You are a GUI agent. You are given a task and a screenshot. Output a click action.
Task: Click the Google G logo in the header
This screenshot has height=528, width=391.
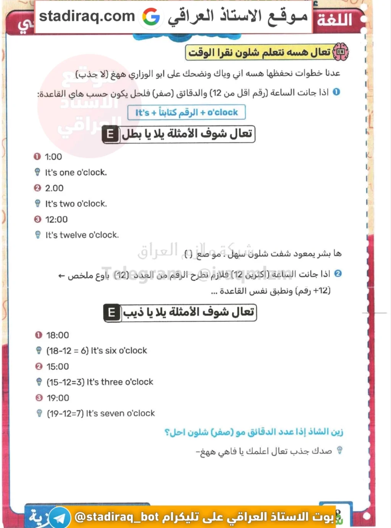point(151,17)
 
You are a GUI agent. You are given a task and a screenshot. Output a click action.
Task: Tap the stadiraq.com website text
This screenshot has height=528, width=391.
point(87,16)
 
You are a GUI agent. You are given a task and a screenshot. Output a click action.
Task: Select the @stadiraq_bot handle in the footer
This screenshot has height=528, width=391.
point(117,517)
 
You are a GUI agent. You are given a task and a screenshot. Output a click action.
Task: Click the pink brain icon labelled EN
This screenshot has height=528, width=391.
point(341,52)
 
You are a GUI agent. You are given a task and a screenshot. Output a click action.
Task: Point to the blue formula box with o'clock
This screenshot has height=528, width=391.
point(186,112)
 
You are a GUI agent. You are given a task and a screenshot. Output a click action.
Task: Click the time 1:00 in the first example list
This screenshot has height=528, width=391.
point(53,157)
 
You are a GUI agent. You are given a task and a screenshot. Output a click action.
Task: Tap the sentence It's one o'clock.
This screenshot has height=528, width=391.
point(76,172)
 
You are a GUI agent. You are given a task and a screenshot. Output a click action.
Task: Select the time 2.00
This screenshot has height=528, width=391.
point(54,188)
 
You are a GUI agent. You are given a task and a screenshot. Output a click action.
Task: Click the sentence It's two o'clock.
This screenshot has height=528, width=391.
point(76,204)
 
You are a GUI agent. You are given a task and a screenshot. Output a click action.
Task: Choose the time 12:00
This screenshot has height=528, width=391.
point(56,219)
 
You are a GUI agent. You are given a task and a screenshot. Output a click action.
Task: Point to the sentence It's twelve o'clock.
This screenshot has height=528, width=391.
point(82,235)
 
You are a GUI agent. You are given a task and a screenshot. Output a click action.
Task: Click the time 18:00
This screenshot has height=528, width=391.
point(58,335)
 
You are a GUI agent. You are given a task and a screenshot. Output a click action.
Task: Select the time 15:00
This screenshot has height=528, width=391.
point(58,366)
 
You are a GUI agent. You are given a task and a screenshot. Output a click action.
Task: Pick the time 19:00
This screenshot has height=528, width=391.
point(58,398)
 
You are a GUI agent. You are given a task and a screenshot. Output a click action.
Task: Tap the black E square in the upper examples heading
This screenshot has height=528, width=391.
point(110,134)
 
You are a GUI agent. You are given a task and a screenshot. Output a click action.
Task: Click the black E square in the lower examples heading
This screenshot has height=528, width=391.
point(111,313)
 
